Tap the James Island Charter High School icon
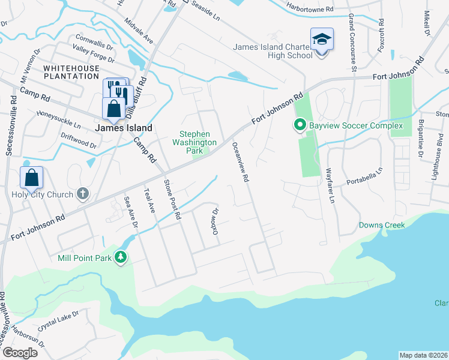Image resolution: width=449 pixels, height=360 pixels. point(321,40)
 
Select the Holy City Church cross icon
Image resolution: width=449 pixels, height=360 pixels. point(83,194)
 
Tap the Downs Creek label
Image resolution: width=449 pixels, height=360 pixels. point(381,226)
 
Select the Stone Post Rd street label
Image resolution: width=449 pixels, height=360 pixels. point(172,199)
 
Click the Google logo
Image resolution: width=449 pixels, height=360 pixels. point(20,353)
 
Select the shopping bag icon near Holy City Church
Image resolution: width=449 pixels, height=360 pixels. point(31,178)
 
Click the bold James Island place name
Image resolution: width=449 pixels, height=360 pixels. point(123,128)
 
